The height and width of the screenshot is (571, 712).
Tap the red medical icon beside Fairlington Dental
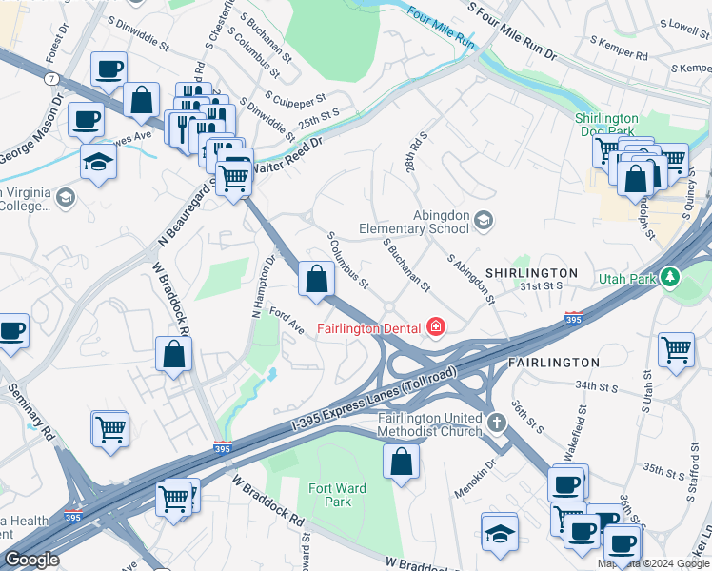pyautogui.click(x=436, y=328)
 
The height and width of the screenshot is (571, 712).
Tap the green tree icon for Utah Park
pyautogui.click(x=671, y=278)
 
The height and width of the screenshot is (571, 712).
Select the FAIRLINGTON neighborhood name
pyautogui.click(x=553, y=363)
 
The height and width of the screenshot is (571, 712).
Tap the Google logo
pyautogui.click(x=32, y=560)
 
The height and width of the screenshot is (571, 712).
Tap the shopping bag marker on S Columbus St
pyautogui.click(x=316, y=280)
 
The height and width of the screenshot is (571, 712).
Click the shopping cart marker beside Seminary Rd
pyautogui.click(x=110, y=429)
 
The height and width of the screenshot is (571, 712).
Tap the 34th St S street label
pyautogui.click(x=598, y=386)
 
